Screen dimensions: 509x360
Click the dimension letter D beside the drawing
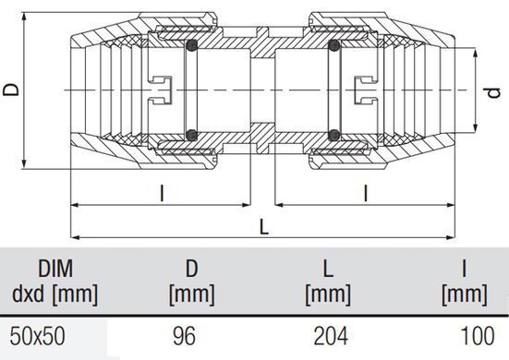[x=11, y=90]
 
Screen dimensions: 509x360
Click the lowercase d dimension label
[x=494, y=93]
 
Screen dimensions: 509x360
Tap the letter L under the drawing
[x=264, y=227]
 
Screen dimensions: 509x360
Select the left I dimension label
[x=162, y=193]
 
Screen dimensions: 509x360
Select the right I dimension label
[x=366, y=193]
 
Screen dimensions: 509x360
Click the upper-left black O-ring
[x=192, y=45]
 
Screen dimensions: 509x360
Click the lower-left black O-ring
[x=192, y=135]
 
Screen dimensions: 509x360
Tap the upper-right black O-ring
[x=333, y=45]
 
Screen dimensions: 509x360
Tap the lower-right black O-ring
[x=333, y=135]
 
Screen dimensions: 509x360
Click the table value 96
[x=185, y=336]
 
